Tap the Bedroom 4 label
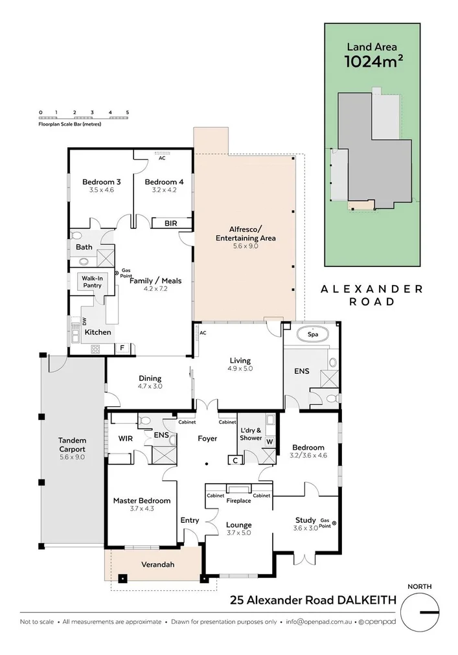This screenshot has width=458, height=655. [164, 182]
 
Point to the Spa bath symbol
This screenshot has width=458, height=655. [312, 335]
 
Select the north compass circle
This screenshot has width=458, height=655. [420, 611]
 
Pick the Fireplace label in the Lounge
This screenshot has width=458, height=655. [238, 501]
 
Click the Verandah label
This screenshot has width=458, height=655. [158, 564]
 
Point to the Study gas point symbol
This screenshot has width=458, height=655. [334, 523]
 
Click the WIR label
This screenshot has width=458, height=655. [125, 439]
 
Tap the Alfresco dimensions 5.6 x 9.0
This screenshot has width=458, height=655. [246, 247]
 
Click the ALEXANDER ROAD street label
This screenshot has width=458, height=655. [372, 295]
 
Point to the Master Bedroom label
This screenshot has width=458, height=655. [142, 500]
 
